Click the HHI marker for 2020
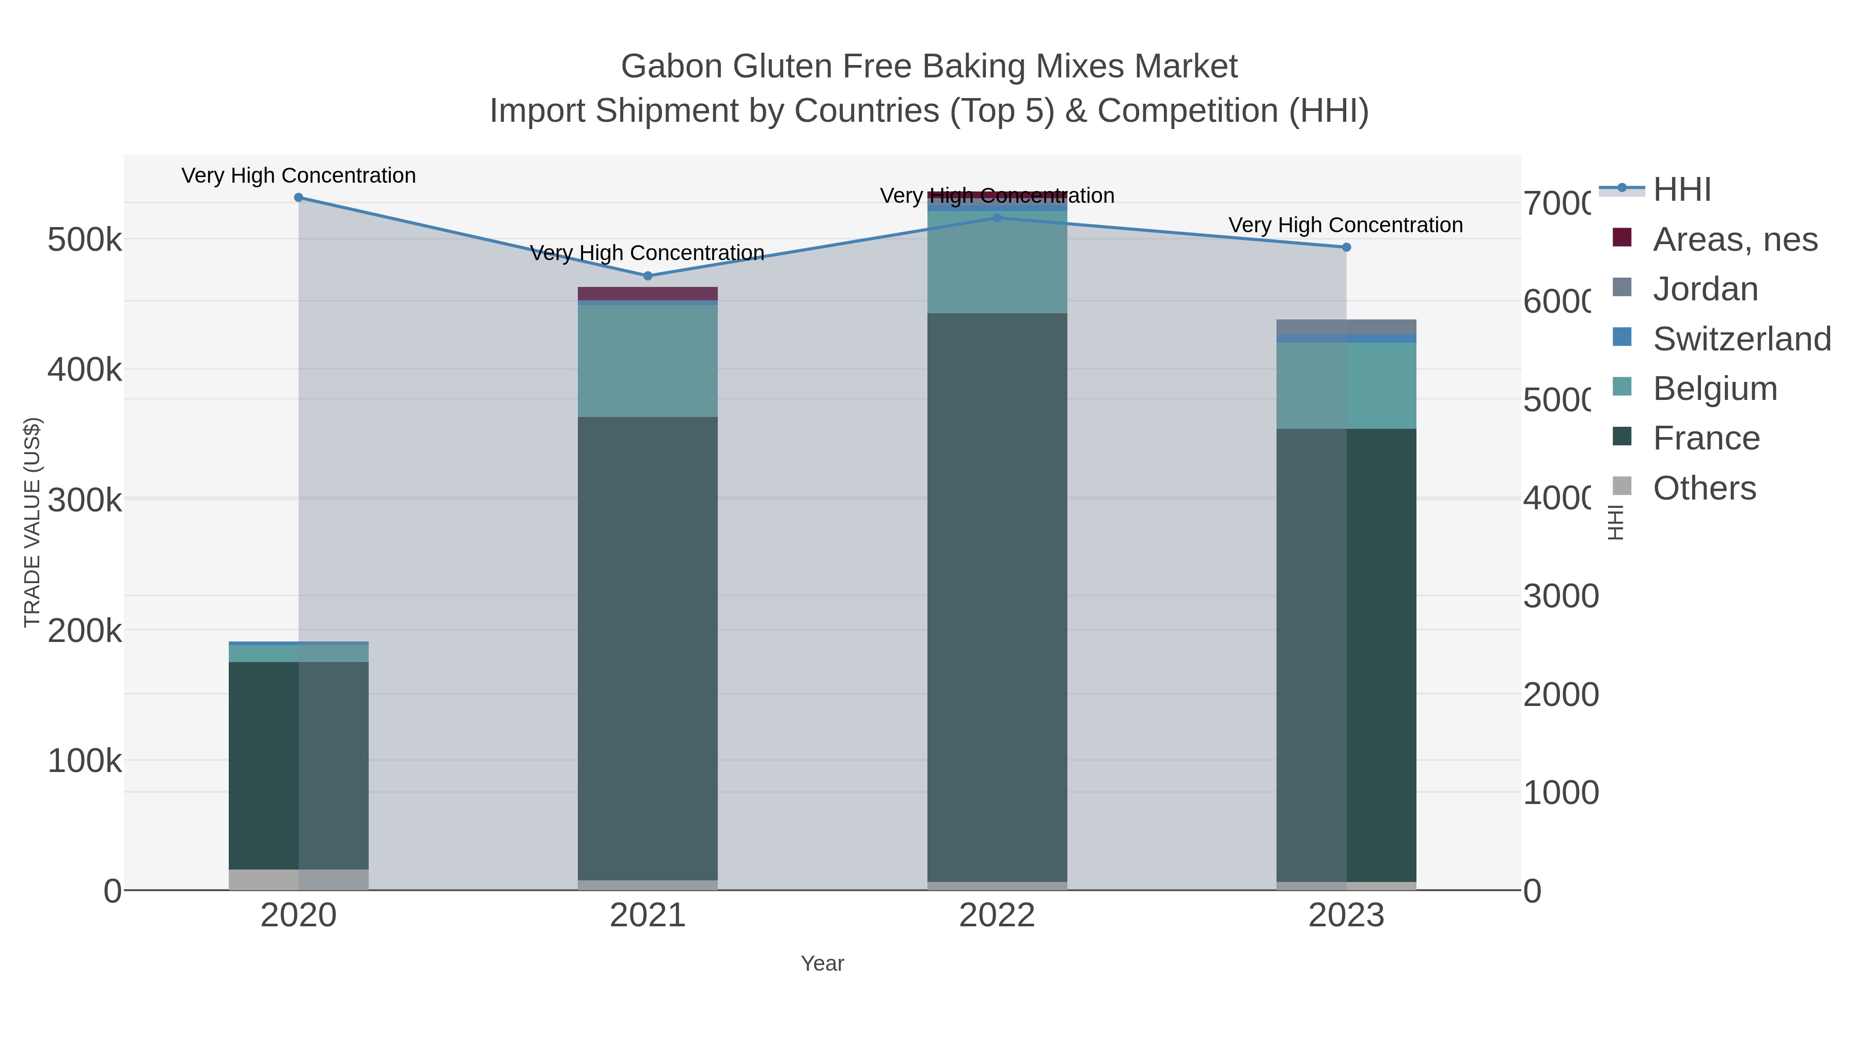pyautogui.click(x=299, y=198)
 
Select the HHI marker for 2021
pyautogui.click(x=648, y=276)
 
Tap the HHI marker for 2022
pyautogui.click(x=997, y=218)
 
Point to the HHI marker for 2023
pyautogui.click(x=1346, y=247)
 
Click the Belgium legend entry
pyautogui.click(x=1714, y=389)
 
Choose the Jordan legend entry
pyautogui.click(x=1705, y=289)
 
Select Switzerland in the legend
pyautogui.click(x=1741, y=339)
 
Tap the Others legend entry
pyautogui.click(x=1704, y=488)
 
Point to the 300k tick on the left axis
pyautogui.click(x=85, y=500)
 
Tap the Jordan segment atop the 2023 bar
pyautogui.click(x=1346, y=327)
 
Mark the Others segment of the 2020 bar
pyautogui.click(x=299, y=879)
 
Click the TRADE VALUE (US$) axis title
pyautogui.click(x=33, y=522)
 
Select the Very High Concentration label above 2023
pyautogui.click(x=1345, y=225)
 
